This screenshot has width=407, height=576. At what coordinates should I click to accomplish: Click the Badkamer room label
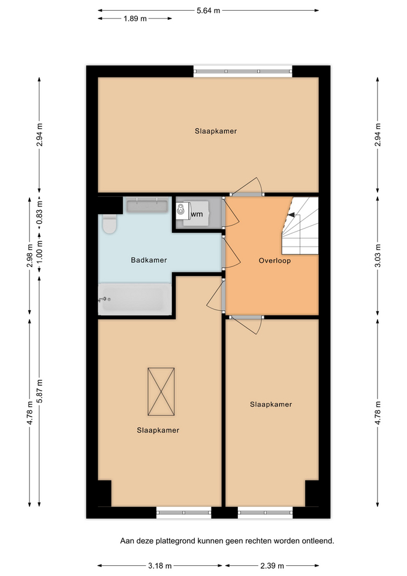(x=149, y=260)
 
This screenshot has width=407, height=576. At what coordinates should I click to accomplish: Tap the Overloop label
(x=275, y=261)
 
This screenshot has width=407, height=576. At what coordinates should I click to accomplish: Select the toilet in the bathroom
(x=109, y=224)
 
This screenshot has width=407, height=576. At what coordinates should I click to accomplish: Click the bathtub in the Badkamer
(x=135, y=299)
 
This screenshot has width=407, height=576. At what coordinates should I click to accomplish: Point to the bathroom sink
(x=147, y=205)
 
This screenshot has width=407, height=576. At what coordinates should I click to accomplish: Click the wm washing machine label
(x=197, y=214)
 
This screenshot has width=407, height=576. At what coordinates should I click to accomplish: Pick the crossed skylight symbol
(x=161, y=392)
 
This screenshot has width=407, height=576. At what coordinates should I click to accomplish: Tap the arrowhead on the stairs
(x=291, y=215)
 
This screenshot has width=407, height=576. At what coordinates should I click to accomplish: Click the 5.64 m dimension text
(x=208, y=11)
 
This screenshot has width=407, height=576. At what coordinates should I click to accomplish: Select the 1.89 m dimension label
(x=135, y=19)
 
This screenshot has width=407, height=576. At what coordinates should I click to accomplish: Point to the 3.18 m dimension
(x=160, y=565)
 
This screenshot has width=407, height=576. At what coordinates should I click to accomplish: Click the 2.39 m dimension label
(x=272, y=565)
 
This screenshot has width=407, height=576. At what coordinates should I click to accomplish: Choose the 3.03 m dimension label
(x=378, y=256)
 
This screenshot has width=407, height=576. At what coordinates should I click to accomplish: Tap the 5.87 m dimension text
(x=40, y=391)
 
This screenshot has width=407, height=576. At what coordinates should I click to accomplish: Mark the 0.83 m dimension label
(x=40, y=212)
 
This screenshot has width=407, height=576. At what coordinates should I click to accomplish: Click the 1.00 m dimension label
(x=40, y=253)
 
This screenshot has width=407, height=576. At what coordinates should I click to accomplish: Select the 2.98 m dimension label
(x=30, y=256)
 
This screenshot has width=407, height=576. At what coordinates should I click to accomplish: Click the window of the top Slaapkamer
(x=243, y=71)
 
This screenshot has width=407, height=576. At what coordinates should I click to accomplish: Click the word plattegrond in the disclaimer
(x=175, y=541)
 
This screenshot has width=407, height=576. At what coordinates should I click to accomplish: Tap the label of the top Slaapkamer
(x=216, y=131)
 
